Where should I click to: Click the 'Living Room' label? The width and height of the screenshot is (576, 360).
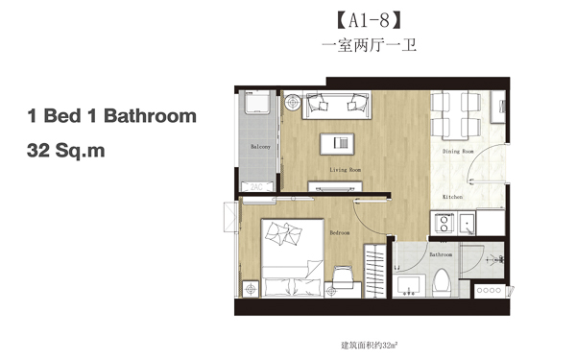click(345, 170)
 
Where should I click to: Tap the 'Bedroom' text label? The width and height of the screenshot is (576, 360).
click(339, 232)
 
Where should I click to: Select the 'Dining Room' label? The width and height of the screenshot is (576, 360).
click(458, 152)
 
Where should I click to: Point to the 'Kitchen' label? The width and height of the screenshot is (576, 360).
click(452, 197)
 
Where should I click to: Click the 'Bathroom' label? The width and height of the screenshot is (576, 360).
click(441, 255)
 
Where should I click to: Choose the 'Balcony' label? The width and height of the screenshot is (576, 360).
click(259, 147)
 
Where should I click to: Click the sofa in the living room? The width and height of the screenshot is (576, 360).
click(335, 105)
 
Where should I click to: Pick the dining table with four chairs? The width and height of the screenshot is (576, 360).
click(455, 113)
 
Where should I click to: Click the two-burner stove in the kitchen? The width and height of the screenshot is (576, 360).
click(445, 224)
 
